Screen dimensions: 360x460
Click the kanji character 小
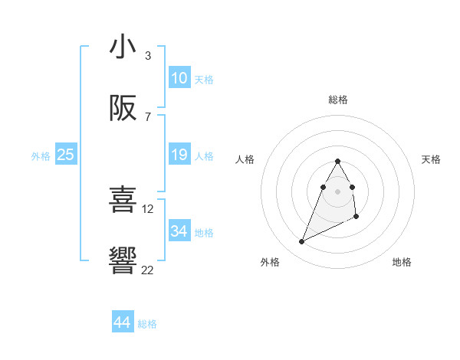(123, 47)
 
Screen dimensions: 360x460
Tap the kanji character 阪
(123, 109)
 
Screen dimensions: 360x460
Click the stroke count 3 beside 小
(148, 56)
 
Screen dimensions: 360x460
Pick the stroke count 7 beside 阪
(148, 117)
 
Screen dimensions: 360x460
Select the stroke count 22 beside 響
(148, 270)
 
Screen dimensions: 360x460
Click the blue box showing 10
(179, 78)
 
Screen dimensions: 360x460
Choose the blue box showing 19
(179, 155)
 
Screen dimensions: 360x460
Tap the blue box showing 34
(179, 231)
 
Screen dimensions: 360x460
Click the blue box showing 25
(65, 155)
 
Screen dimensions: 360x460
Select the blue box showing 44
(122, 323)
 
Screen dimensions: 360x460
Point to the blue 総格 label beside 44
(147, 324)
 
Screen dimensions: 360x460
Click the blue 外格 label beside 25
(41, 156)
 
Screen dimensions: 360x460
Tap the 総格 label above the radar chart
(338, 100)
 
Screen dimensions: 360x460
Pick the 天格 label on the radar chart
(431, 159)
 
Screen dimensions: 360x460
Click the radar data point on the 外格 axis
(301, 242)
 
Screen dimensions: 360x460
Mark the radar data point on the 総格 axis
(338, 162)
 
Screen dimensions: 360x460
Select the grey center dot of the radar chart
(338, 191)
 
